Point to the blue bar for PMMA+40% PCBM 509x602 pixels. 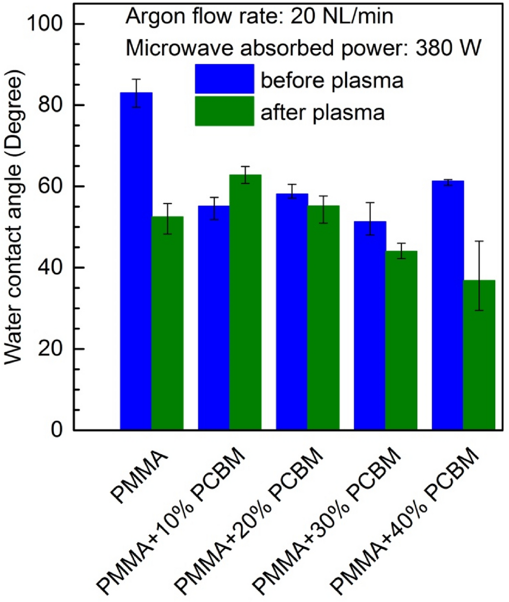448,305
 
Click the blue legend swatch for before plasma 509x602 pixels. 224,80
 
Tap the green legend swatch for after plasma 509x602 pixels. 224,111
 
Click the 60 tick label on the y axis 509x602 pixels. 55,187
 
